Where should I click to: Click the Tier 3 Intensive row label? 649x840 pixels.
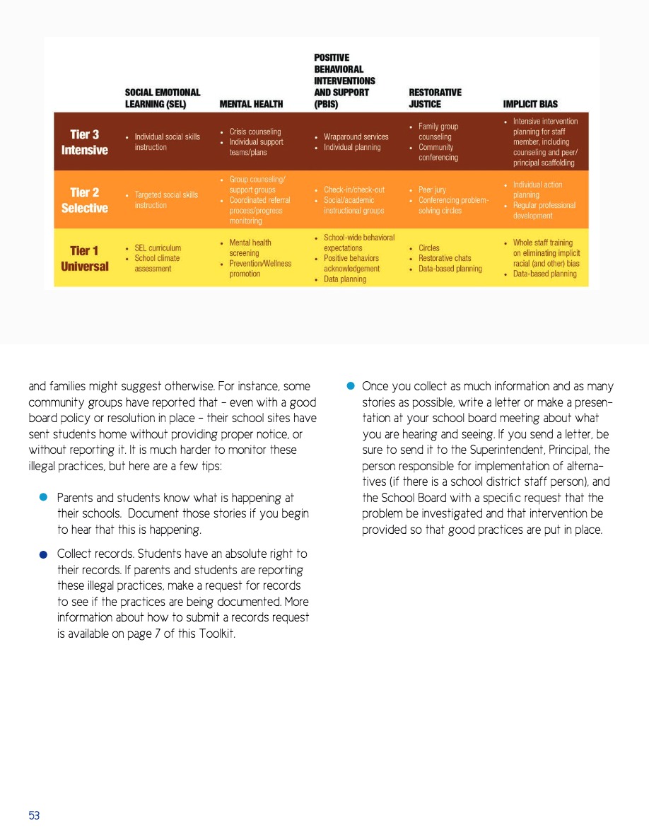(84, 142)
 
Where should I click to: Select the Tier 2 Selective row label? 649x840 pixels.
(84, 200)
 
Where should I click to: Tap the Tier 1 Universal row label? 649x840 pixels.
(84, 259)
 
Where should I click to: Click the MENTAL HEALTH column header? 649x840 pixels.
(251, 104)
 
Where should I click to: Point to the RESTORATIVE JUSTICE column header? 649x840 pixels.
(435, 98)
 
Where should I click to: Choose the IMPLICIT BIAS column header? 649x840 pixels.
(530, 104)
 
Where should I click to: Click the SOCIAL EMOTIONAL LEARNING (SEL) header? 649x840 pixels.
(163, 98)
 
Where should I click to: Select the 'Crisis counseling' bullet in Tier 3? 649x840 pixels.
(255, 132)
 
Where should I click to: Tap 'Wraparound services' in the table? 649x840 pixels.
(356, 136)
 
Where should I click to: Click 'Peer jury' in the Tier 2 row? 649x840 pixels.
(432, 189)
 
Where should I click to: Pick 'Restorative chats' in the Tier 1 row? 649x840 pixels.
(445, 258)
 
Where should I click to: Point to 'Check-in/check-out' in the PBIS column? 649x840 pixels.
(354, 189)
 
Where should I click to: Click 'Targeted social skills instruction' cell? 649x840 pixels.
(166, 199)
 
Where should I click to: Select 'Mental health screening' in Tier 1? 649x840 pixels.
(250, 247)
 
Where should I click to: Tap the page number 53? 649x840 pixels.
(34, 815)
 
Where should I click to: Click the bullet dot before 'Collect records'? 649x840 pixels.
(43, 555)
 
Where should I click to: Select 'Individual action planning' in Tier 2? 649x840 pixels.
(537, 189)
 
